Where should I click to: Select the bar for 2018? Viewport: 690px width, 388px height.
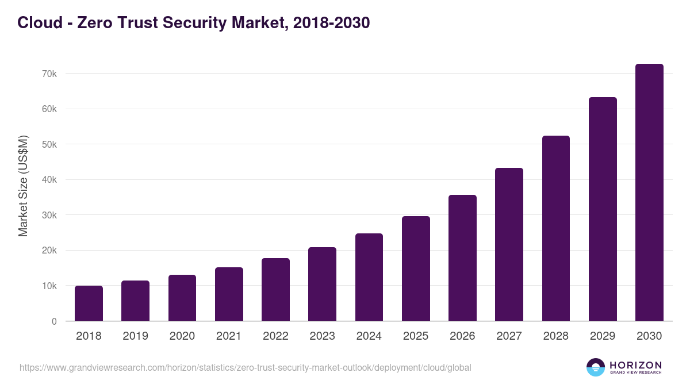click(x=89, y=304)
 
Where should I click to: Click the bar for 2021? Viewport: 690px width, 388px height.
click(x=229, y=294)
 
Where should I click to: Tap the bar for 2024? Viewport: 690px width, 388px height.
click(x=369, y=277)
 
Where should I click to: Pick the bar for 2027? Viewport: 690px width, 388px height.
click(x=509, y=244)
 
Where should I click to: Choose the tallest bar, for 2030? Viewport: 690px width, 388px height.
click(x=649, y=193)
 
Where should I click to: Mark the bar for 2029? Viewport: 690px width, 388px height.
click(x=603, y=209)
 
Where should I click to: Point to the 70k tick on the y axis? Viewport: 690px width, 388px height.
click(x=49, y=74)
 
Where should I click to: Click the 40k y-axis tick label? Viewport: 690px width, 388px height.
click(x=49, y=180)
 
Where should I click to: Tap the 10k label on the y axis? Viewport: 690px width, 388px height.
click(x=49, y=286)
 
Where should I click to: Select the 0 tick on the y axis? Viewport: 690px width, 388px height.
click(x=54, y=321)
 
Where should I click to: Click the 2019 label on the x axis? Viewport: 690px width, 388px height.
click(x=135, y=336)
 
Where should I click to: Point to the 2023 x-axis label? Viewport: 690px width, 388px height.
click(x=322, y=336)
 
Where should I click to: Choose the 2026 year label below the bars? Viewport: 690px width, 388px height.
click(x=462, y=336)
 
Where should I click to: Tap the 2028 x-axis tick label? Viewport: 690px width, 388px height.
click(x=555, y=336)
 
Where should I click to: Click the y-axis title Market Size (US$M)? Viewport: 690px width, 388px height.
click(x=23, y=186)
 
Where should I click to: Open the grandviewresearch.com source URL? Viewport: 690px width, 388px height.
click(x=245, y=367)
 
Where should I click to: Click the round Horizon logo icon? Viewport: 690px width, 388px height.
click(x=596, y=367)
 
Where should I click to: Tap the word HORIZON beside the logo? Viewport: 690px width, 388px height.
click(x=635, y=365)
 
